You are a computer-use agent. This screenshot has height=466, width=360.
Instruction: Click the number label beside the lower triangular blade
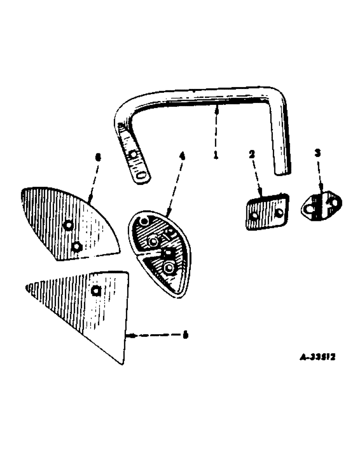pos(185,334)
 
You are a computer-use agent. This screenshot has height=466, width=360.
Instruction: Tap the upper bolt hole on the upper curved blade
pos(68,225)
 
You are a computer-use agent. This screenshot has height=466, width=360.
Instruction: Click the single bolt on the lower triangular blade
pos(96,291)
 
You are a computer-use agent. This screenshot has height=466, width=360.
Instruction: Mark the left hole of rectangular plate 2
pos(254,216)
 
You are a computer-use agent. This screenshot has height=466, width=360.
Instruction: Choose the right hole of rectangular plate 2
pos(278,212)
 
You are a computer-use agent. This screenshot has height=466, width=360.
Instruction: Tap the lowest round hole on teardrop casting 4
pos(168,267)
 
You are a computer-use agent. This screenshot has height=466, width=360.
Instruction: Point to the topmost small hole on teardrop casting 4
pos(145,221)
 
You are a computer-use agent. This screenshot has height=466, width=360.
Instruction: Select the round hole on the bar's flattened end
pos(133,154)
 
